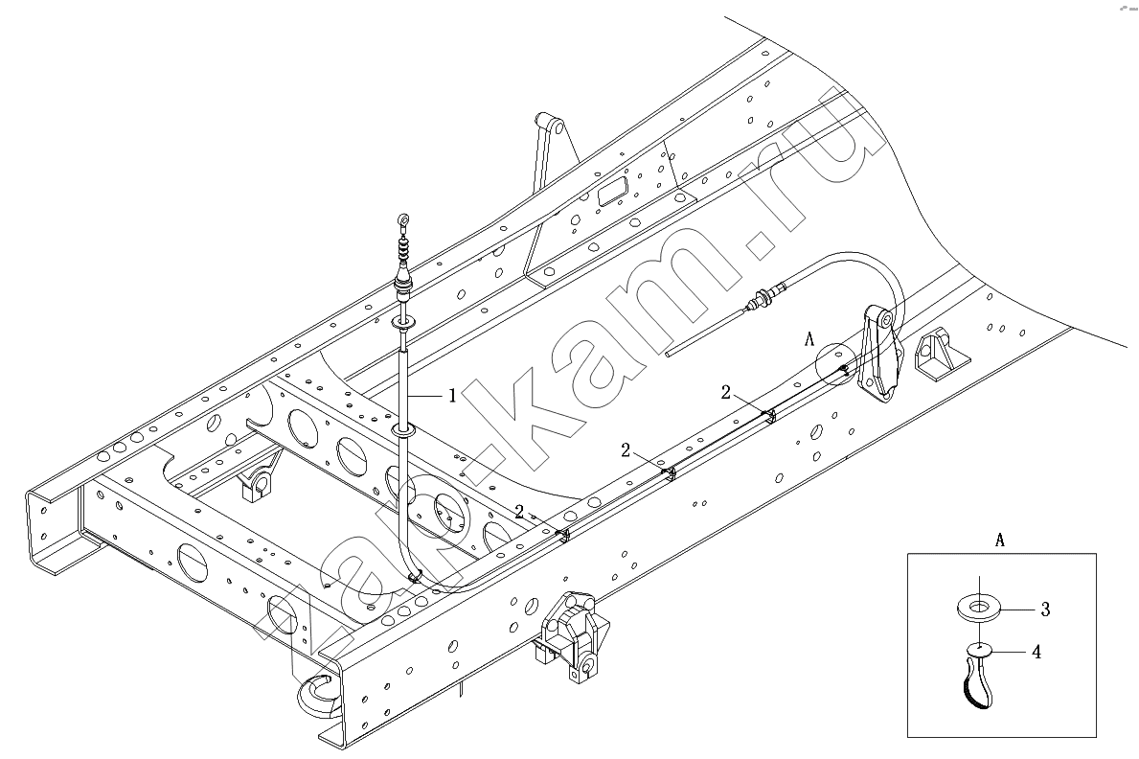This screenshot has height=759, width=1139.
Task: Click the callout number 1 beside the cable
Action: (452, 396)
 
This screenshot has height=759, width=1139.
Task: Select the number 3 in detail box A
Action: (1045, 609)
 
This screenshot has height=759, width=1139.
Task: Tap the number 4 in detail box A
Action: (1036, 652)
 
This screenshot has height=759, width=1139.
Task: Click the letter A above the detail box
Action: (1000, 540)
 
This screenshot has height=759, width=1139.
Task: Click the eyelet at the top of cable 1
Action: (404, 218)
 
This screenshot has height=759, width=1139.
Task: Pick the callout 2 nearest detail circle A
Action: (726, 393)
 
